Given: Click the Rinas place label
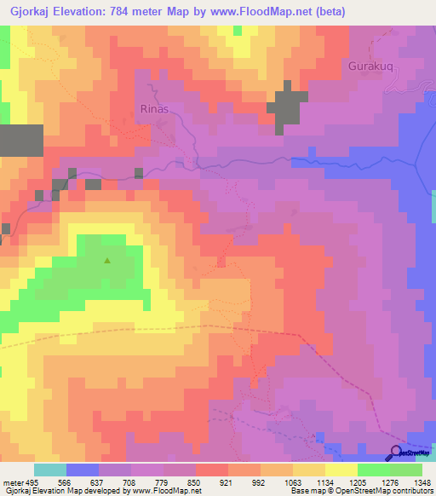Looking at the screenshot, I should click(155, 109).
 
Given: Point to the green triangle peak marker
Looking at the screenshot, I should click(107, 261).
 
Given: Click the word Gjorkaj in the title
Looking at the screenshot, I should click(30, 11).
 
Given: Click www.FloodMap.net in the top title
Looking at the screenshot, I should click(292, 11).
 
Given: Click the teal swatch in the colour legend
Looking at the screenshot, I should click(50, 470).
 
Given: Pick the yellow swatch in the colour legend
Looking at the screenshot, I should click(341, 470).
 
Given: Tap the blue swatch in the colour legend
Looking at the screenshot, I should click(83, 470).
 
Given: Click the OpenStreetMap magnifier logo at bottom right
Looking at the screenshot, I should click(397, 453).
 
